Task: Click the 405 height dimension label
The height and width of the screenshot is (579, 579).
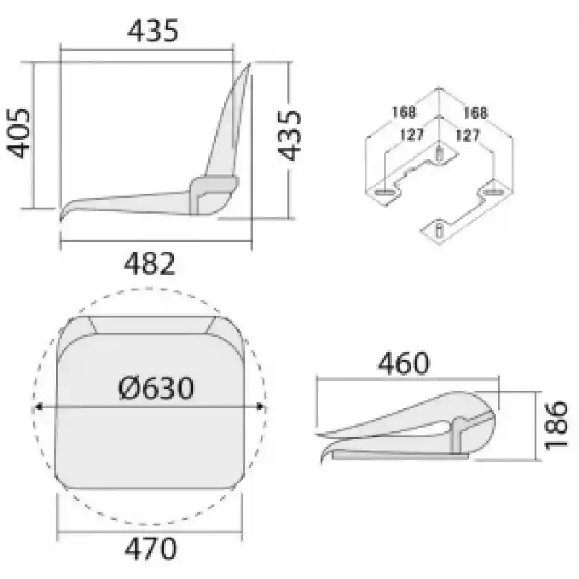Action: (x=18, y=133)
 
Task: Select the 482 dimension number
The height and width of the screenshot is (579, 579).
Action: (x=149, y=263)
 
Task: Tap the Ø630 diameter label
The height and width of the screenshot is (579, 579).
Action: (x=156, y=388)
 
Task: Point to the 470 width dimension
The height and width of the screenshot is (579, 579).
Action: (x=151, y=549)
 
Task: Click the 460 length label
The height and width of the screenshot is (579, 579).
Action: (x=403, y=363)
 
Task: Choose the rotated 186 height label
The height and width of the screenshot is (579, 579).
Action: (x=556, y=425)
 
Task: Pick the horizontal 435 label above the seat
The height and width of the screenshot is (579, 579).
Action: (x=153, y=30)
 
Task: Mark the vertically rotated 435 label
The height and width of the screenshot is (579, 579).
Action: (x=289, y=135)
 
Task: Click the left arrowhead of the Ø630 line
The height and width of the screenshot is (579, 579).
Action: (x=38, y=407)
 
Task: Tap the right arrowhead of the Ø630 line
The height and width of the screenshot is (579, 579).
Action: (x=261, y=407)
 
